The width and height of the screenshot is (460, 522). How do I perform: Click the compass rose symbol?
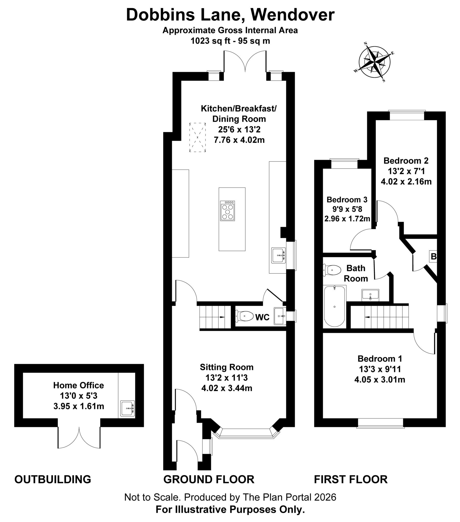pyautogui.click(x=374, y=62)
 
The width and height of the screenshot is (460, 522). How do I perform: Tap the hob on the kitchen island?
pyautogui.click(x=227, y=211)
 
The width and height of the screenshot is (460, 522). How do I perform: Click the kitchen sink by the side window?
pyautogui.click(x=278, y=255)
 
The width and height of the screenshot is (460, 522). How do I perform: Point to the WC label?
pyautogui.click(x=262, y=317)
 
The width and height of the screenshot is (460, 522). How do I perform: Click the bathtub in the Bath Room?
pyautogui.click(x=334, y=306)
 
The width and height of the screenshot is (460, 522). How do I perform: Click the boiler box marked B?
pyautogui.click(x=433, y=256)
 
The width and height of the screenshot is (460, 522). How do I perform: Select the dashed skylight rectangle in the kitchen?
pyautogui.click(x=198, y=137)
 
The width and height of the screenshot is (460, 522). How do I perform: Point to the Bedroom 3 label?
pyautogui.click(x=347, y=200)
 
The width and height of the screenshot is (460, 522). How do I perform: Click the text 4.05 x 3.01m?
pyautogui.click(x=379, y=380)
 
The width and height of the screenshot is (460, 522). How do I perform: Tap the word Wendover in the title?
pyautogui.click(x=293, y=15)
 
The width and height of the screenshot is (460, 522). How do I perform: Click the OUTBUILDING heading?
pyautogui.click(x=52, y=479)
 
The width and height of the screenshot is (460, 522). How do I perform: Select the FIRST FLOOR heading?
pyautogui.click(x=350, y=479)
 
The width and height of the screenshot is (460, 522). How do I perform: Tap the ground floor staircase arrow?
pyautogui.click(x=221, y=317)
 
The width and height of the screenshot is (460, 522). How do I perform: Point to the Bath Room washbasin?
pyautogui.click(x=370, y=295)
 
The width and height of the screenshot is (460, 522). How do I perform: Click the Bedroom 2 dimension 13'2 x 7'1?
pyautogui.click(x=406, y=171)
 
